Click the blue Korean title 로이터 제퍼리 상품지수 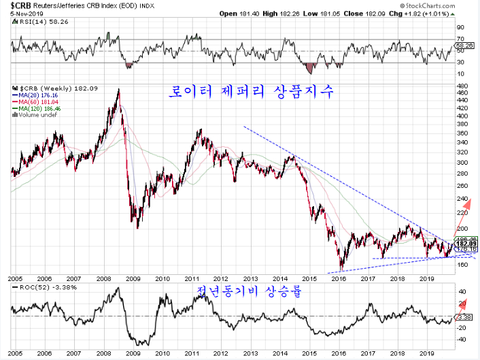pyautogui.click(x=251, y=93)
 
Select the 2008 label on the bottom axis pyautogui.click(x=103, y=279)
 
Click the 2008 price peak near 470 pyautogui.click(x=119, y=91)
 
